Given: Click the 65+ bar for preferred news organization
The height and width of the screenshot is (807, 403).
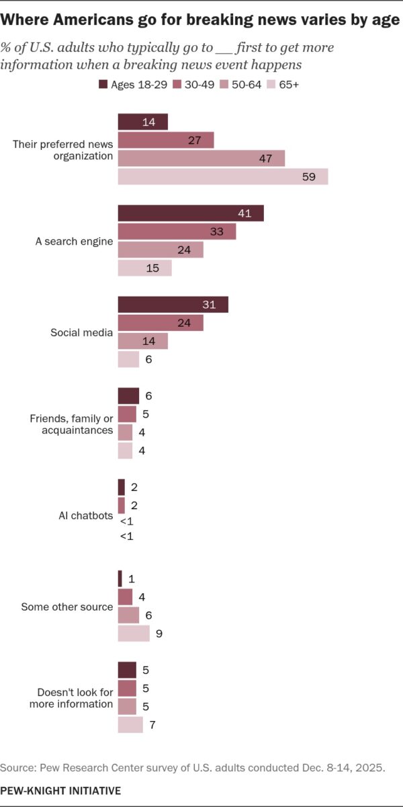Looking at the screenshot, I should coord(222,177).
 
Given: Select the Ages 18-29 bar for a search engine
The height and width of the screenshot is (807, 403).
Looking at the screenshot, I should coord(191,213).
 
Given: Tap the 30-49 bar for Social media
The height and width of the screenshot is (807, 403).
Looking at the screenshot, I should coord(161,323).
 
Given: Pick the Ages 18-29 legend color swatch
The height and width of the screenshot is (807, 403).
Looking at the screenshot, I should coord(103,85).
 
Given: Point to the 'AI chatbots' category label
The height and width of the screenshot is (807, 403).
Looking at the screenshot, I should coord(86,516).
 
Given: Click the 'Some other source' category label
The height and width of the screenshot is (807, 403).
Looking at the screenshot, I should coord(67,607).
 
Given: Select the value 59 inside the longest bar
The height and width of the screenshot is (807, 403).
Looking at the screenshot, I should coord(316,177).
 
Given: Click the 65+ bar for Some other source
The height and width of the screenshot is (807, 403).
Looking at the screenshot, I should coord(134,633).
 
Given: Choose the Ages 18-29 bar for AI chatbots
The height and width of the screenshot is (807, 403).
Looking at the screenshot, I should coord(121,487).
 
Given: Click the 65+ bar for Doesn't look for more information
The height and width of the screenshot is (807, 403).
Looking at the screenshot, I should coord(130,725).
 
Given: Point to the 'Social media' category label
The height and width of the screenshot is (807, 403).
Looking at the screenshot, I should coord(82,333).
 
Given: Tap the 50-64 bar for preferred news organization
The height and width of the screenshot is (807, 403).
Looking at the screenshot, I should coord(201,158).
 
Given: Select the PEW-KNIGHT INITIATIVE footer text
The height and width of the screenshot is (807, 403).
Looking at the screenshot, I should coord(60,790).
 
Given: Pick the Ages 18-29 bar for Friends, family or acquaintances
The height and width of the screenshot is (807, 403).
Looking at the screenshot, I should coord(128,395).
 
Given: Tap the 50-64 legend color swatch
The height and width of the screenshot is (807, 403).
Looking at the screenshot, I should coord(224,85).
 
